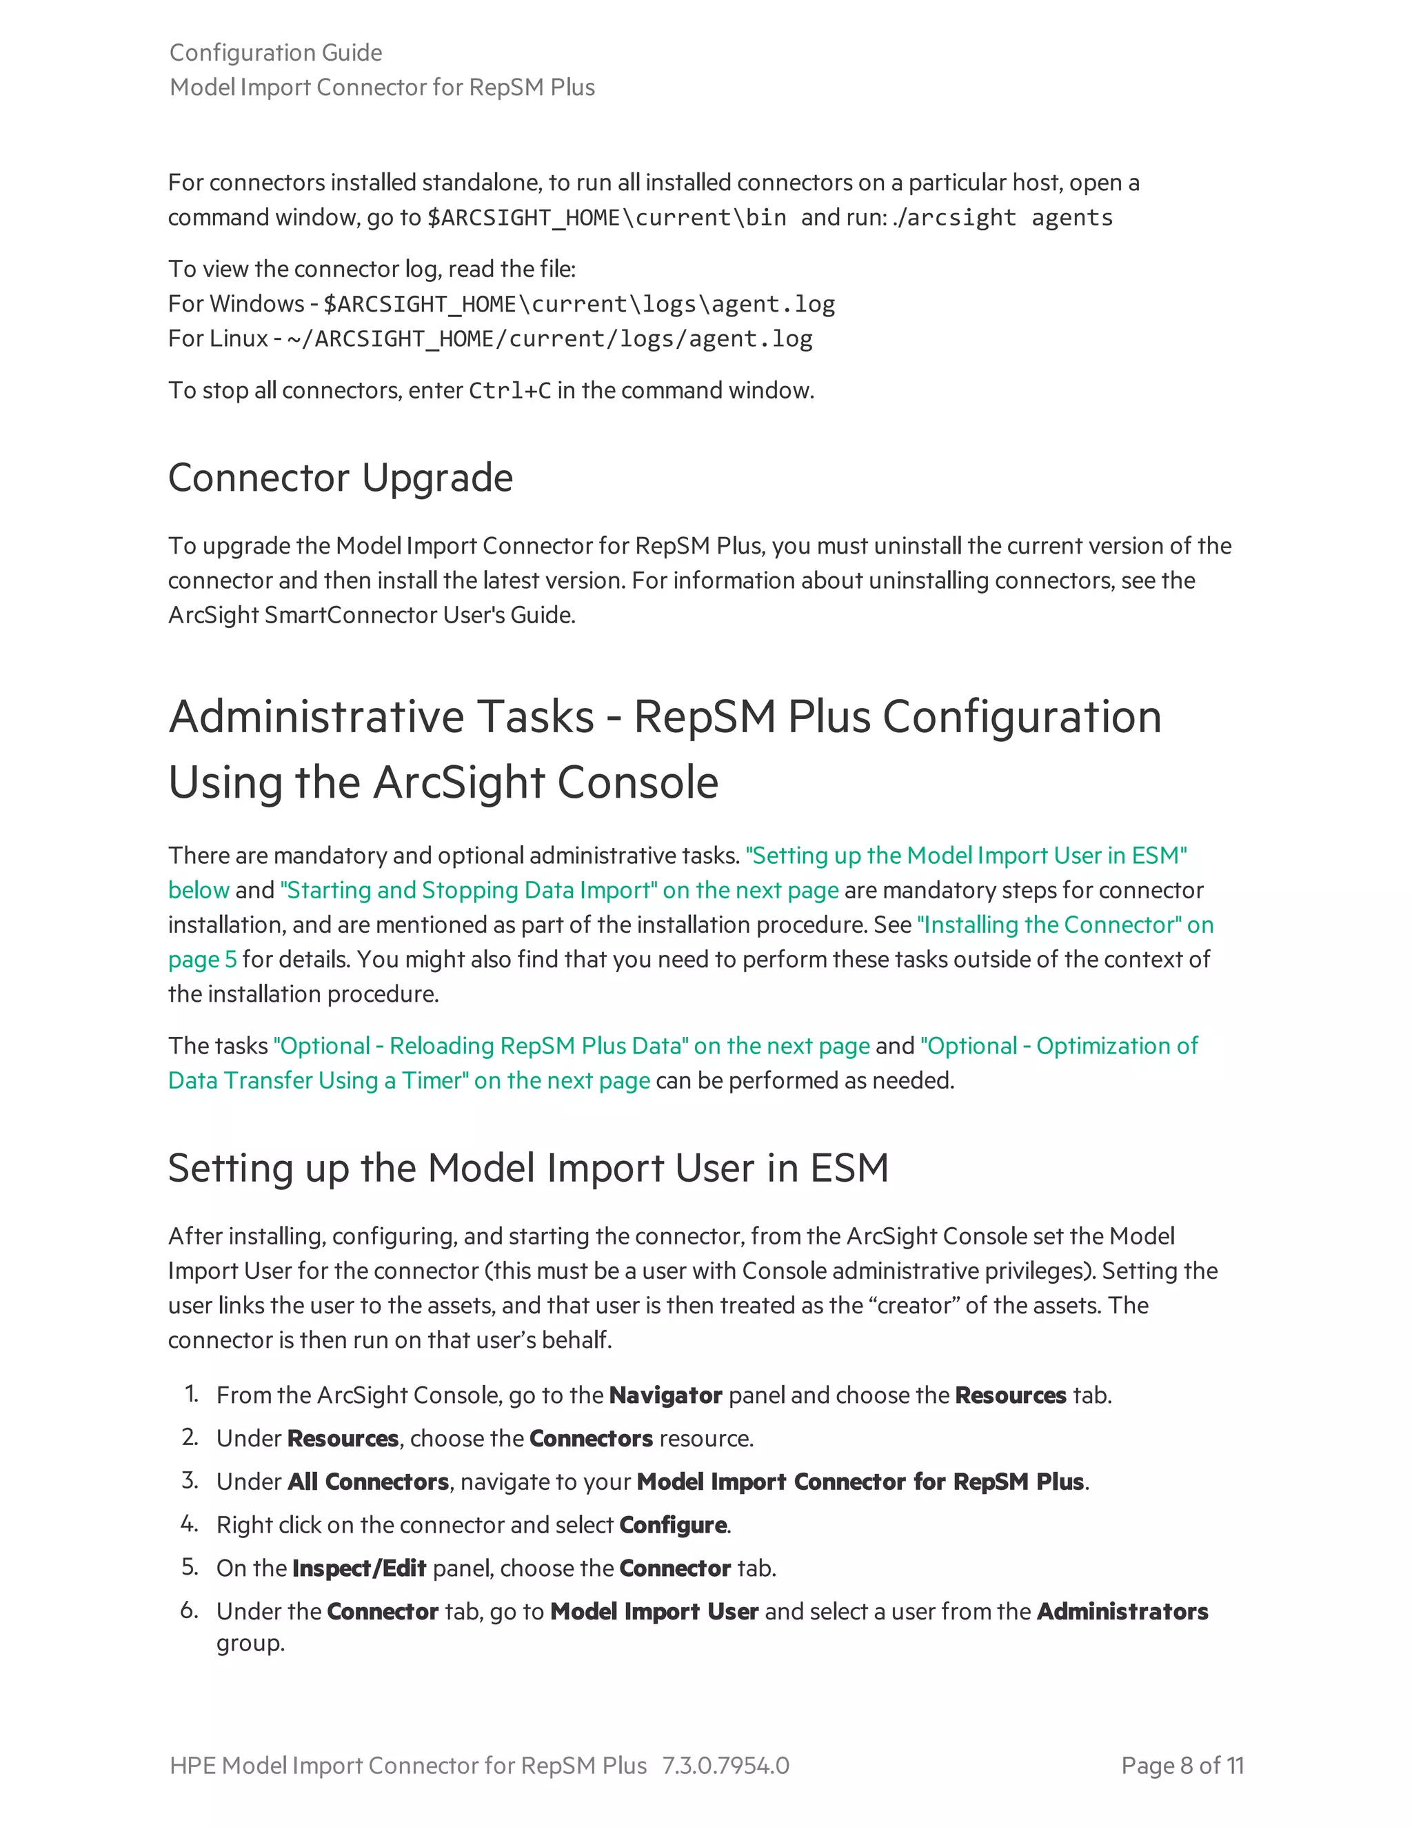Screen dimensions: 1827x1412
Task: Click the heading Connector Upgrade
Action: coord(340,478)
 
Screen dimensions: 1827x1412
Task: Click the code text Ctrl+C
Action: coord(510,391)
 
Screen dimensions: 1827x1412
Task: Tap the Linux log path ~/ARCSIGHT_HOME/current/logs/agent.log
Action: coord(549,339)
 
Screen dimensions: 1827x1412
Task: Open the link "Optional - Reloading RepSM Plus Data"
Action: coord(481,1046)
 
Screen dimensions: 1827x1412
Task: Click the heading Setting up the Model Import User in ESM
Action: coord(528,1168)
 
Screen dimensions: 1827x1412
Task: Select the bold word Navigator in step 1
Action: coord(665,1395)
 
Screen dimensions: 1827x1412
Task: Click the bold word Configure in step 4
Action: coord(672,1525)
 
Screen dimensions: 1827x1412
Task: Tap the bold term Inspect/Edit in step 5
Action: coord(359,1568)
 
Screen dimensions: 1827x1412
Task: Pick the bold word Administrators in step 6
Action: coord(1122,1612)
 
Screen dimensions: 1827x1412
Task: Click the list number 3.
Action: coord(190,1481)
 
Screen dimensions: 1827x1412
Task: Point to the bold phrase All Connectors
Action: coord(368,1482)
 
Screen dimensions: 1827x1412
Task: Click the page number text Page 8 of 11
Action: coord(1182,1766)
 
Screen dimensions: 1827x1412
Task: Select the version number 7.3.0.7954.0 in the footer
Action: coord(725,1766)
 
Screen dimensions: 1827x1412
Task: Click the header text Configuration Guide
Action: coord(275,52)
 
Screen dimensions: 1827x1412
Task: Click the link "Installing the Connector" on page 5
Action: coord(1064,925)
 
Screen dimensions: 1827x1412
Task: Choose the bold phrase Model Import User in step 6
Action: coord(654,1612)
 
